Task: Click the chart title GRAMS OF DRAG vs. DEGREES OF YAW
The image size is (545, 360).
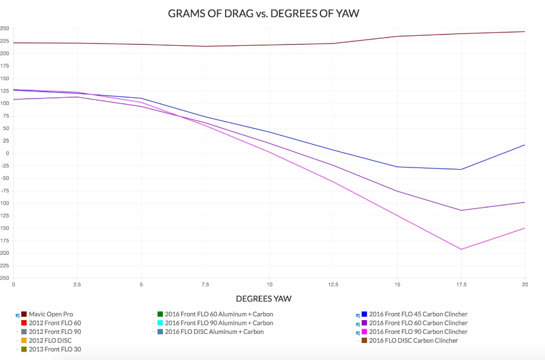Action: (x=263, y=13)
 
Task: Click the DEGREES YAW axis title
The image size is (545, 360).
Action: (x=263, y=299)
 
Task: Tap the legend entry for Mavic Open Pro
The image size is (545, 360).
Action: (x=51, y=314)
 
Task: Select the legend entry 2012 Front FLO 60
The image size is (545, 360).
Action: (x=55, y=323)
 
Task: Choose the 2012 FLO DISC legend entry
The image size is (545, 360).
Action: (x=50, y=340)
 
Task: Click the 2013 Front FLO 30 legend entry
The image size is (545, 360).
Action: (x=55, y=349)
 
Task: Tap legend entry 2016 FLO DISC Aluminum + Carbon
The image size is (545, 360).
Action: (x=214, y=332)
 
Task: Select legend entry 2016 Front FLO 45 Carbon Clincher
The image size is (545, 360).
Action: (x=418, y=314)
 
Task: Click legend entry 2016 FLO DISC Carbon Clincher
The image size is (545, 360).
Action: (x=413, y=340)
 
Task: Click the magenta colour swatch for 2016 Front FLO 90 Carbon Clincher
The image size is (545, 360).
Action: (x=365, y=332)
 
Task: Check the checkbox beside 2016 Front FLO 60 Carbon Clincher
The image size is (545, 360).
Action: (x=358, y=323)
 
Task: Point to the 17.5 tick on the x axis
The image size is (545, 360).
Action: (x=461, y=285)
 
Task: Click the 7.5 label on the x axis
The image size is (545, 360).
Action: (x=205, y=285)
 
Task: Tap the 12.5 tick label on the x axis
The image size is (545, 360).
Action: (x=333, y=285)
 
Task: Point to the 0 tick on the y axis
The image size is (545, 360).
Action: (x=7, y=153)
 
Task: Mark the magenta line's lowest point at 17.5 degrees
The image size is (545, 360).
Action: (x=461, y=249)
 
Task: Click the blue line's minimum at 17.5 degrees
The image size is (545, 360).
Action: (x=461, y=170)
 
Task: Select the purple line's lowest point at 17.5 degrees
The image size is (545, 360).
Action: (x=461, y=211)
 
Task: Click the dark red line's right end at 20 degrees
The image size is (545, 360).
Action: (x=525, y=32)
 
